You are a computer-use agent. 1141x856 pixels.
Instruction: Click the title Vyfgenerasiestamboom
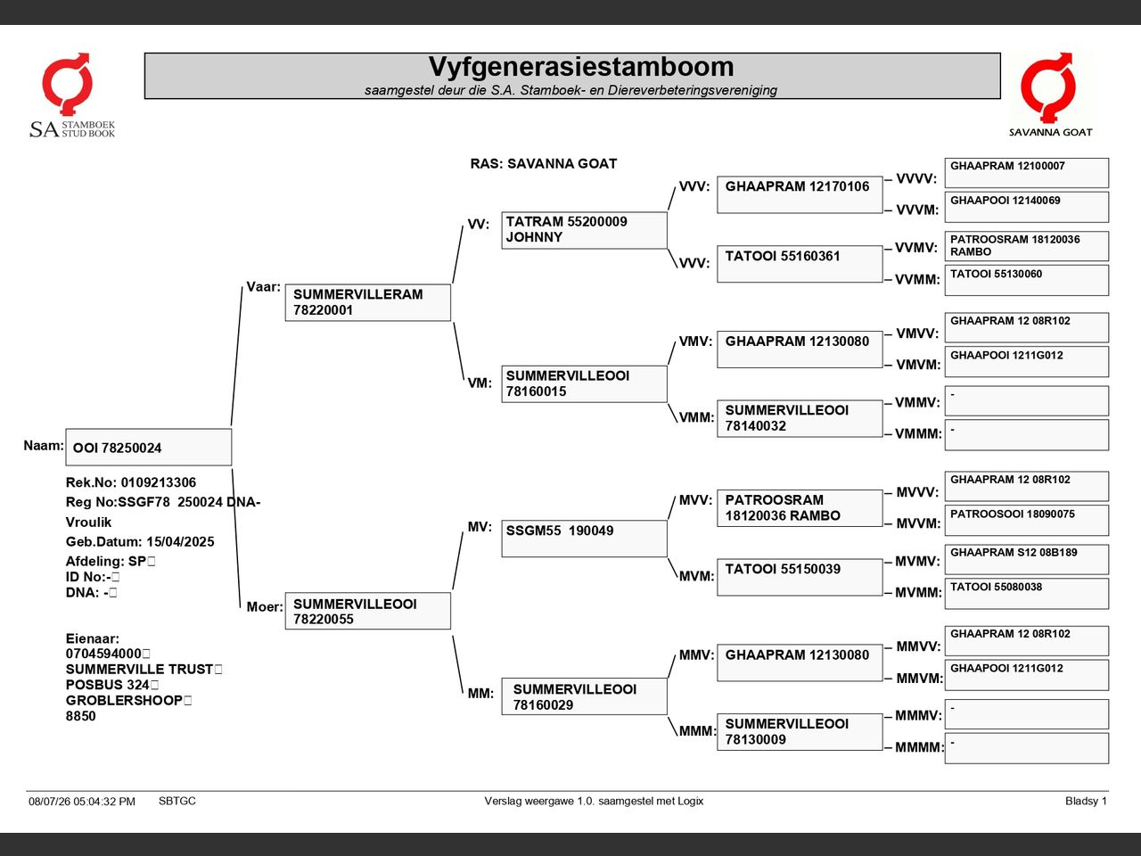581,67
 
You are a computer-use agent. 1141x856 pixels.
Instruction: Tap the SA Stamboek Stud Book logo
71,95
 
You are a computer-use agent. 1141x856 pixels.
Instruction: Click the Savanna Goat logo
1050,95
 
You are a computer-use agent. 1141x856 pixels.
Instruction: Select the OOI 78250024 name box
149,447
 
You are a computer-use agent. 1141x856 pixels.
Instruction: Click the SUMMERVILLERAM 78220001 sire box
368,302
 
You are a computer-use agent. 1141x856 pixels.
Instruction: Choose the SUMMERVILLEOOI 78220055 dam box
368,611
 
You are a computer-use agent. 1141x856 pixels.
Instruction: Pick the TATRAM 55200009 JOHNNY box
584,230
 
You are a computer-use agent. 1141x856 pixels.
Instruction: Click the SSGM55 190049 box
584,539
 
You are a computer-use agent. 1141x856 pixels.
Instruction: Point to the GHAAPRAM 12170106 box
800,195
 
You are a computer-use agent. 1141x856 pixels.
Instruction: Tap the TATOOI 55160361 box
800,264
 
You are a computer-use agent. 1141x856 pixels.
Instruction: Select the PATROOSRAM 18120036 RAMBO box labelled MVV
800,508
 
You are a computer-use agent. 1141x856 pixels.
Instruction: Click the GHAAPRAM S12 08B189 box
1027,559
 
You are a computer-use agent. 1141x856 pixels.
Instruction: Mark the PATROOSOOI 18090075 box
1027,520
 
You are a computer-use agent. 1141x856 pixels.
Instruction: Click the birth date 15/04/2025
180,541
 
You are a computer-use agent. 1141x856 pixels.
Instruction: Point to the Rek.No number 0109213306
159,482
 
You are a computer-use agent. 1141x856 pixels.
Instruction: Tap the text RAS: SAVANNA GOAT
543,164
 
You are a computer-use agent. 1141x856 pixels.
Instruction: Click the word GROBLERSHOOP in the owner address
124,700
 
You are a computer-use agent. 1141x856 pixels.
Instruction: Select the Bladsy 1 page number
1086,801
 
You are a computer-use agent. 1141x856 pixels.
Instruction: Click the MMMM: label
918,747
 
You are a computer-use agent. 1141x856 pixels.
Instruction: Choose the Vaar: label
263,287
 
